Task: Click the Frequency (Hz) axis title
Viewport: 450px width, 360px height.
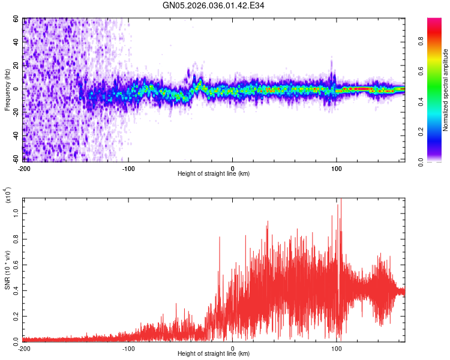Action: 8,90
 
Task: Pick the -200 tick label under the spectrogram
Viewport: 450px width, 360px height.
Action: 24,167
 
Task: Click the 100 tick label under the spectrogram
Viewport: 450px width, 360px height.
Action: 337,167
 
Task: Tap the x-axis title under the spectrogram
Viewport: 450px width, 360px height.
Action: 214,174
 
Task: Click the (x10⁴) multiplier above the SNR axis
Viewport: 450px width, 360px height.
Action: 8,195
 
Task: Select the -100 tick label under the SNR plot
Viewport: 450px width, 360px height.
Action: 128,348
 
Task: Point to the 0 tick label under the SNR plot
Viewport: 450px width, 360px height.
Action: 233,348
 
